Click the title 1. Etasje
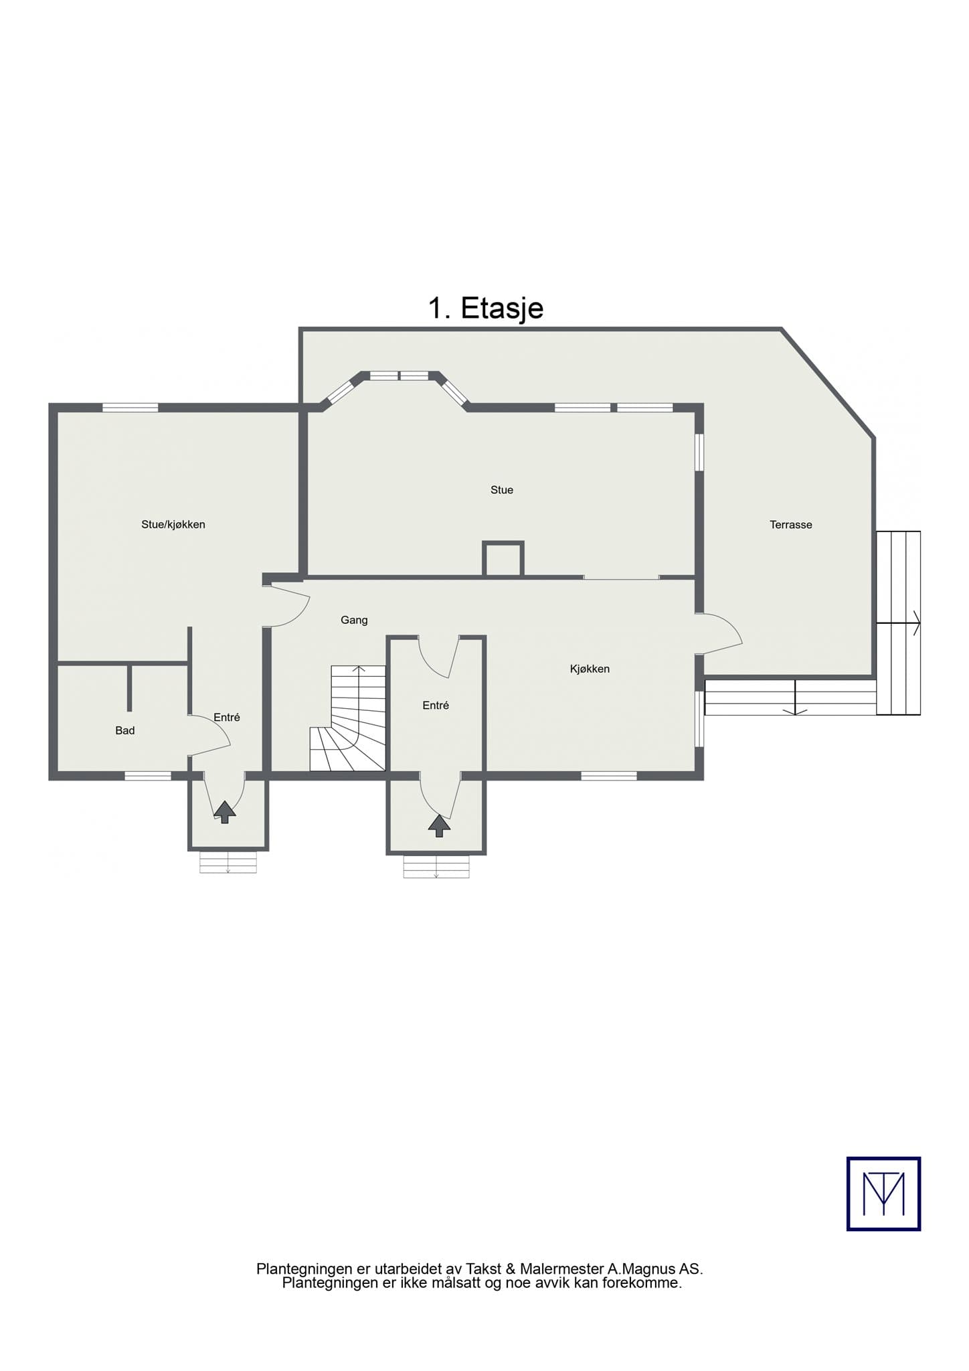pyautogui.click(x=485, y=308)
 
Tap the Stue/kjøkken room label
pyautogui.click(x=173, y=524)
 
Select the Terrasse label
pyautogui.click(x=790, y=525)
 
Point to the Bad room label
pyautogui.click(x=125, y=730)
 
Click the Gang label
pyautogui.click(x=354, y=620)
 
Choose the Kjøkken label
pyautogui.click(x=590, y=669)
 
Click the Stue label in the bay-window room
pyautogui.click(x=502, y=490)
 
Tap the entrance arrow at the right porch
pyautogui.click(x=439, y=825)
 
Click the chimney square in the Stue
pyautogui.click(x=503, y=558)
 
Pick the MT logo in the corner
pyautogui.click(x=883, y=1194)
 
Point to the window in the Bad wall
pyautogui.click(x=148, y=776)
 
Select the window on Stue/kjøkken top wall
pyautogui.click(x=130, y=407)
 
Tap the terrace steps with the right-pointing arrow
pyautogui.click(x=899, y=623)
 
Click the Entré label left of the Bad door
pyautogui.click(x=227, y=717)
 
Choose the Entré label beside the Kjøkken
pyautogui.click(x=436, y=705)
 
